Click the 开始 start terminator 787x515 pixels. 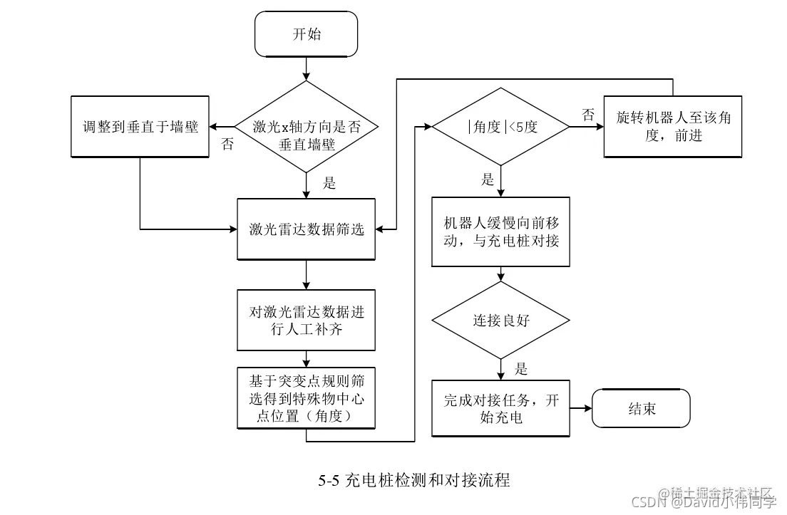coord(306,33)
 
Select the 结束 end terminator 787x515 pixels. coord(642,409)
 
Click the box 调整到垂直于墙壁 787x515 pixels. coord(140,127)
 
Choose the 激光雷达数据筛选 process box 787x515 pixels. coord(306,229)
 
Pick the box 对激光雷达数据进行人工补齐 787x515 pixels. coord(306,319)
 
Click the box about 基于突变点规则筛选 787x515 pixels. coord(306,397)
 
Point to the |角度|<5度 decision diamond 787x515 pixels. coord(501,127)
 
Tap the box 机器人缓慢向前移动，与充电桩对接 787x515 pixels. coord(501,232)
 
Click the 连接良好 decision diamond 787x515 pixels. coord(501,320)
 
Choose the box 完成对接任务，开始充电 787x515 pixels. coord(501,408)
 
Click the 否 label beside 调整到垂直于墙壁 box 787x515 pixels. coord(227,145)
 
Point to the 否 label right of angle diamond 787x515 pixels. coord(587,115)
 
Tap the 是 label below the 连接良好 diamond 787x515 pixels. coord(521,369)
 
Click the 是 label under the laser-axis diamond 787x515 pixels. coord(329,183)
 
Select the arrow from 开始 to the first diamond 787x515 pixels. coord(306,68)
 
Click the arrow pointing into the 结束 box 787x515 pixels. coord(581,409)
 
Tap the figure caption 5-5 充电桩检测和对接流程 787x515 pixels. coord(414,480)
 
